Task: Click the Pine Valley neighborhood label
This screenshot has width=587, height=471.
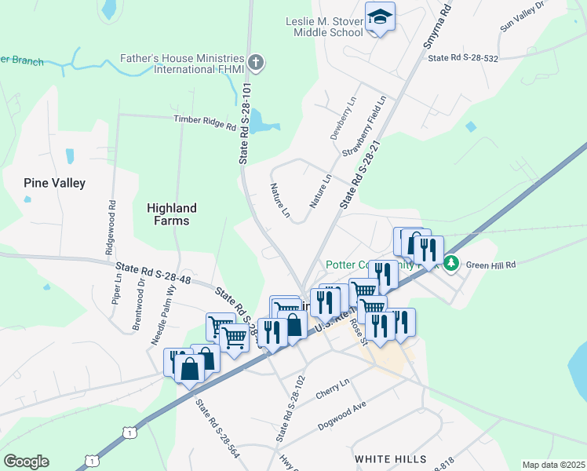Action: coord(54,183)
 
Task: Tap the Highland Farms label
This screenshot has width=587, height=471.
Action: coord(172,214)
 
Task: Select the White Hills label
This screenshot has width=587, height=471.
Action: coord(390,458)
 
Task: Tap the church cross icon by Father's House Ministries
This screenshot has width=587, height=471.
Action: coord(254,62)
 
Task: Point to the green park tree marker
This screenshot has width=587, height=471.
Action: coord(451,262)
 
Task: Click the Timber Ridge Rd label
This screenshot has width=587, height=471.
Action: coord(205,122)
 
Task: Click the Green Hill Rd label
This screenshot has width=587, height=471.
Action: coord(490,265)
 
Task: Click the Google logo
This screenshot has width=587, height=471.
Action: coord(26,462)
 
